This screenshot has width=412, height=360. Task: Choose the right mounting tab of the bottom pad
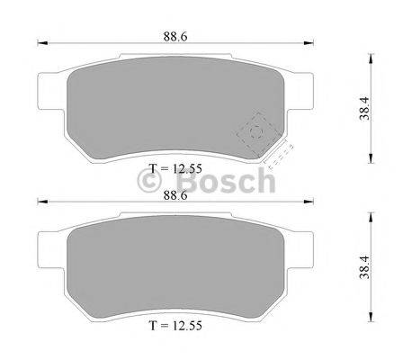305,247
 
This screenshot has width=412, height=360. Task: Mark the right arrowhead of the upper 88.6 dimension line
309,41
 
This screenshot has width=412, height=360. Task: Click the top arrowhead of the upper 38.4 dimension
370,55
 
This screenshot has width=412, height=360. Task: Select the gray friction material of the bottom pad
175,270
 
